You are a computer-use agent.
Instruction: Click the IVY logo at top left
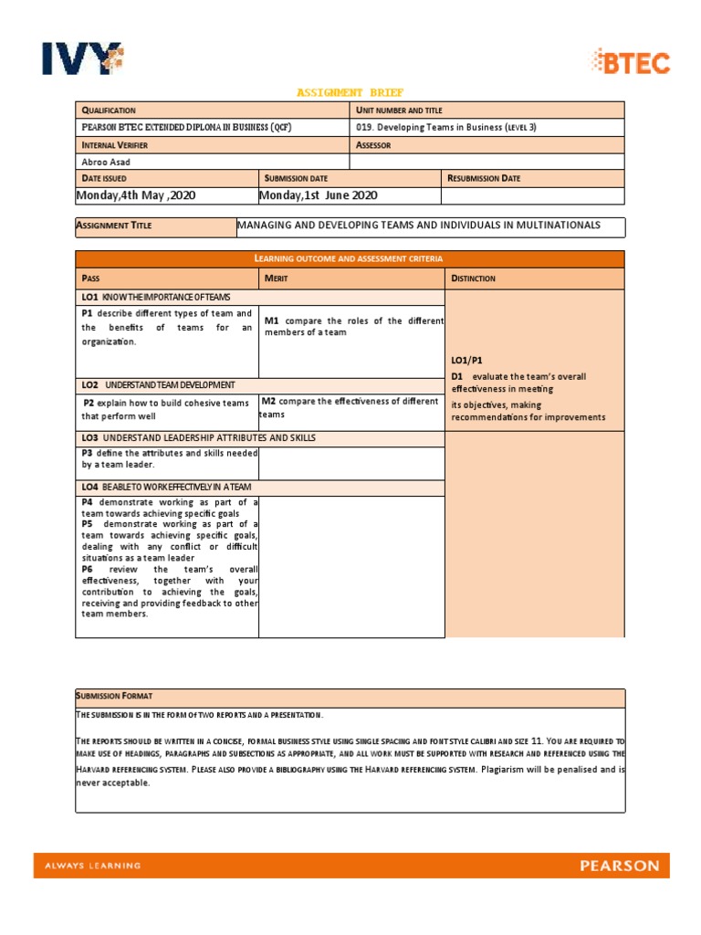pos(81,58)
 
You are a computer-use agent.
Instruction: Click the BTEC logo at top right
pos(631,62)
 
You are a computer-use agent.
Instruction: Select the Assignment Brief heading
pos(350,92)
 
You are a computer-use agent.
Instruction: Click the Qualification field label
pos(109,110)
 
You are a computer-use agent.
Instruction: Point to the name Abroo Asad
pos(107,162)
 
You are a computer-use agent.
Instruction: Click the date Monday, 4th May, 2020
pos(138,195)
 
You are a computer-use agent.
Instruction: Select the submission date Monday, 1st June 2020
pos(319,195)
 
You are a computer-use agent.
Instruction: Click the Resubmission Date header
pos(484,178)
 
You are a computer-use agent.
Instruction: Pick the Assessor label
pos(373,145)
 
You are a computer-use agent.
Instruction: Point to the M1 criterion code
pos(272,320)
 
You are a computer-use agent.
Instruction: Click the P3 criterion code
pos(88,453)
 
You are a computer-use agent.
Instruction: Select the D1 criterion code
pos(457,376)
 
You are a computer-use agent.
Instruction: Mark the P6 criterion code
pos(88,569)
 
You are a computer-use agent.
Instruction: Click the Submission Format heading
pos(116,697)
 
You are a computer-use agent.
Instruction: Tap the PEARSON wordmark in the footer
pos(619,866)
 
